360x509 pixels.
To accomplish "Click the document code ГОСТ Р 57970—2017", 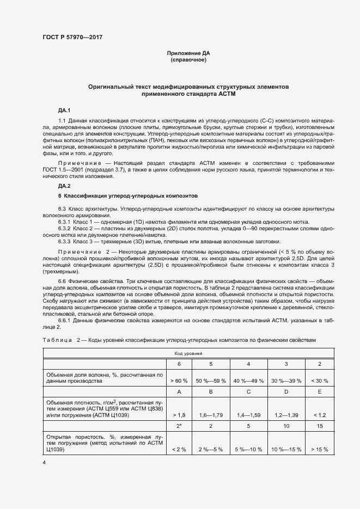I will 72,37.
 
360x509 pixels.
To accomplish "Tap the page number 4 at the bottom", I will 44,463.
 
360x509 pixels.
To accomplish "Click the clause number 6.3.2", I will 64,229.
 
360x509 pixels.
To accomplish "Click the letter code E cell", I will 319,391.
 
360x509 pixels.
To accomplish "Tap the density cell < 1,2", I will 319,415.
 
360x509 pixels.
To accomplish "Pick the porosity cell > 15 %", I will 319,449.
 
